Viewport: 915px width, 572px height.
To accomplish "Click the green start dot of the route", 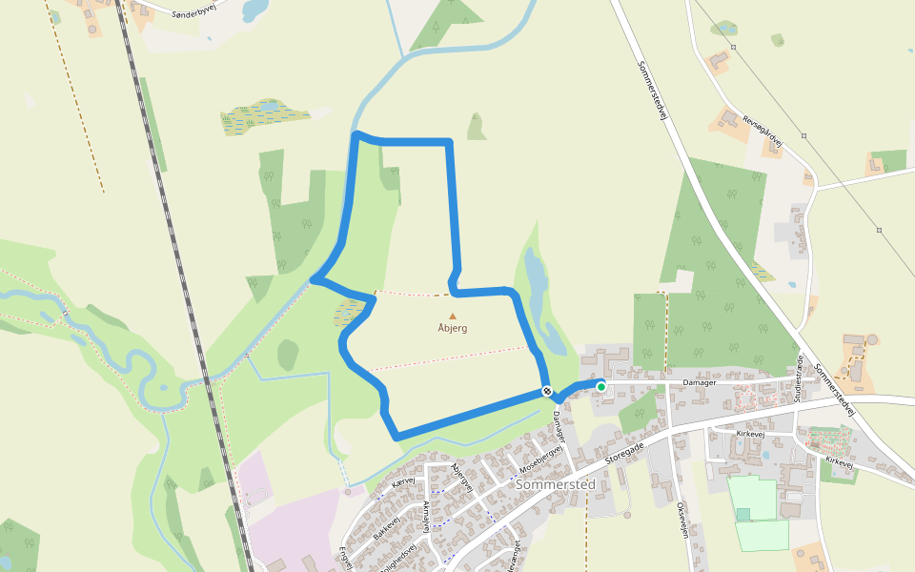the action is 601,386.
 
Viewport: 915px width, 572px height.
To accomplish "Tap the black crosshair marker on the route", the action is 547,391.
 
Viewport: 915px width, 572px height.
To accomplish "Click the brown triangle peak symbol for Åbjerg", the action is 453,317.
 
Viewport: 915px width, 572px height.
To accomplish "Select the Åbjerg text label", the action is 453,329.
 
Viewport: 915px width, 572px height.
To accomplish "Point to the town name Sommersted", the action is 555,484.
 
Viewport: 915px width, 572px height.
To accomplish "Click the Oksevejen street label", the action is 682,521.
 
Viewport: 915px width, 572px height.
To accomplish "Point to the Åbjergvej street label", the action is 462,476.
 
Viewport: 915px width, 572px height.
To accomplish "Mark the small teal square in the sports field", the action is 742,515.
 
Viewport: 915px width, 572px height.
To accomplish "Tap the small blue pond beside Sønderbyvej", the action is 255,10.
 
